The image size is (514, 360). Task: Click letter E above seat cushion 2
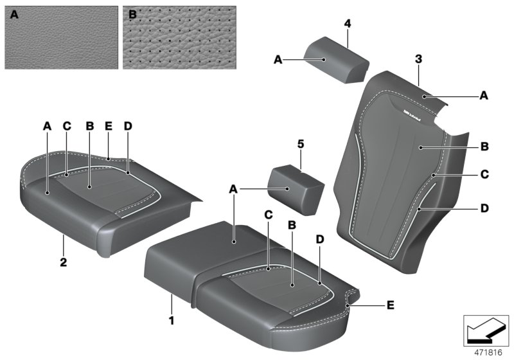pyautogui.click(x=109, y=127)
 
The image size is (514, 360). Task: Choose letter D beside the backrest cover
pyautogui.click(x=484, y=208)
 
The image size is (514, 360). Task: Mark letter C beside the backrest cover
pyautogui.click(x=484, y=174)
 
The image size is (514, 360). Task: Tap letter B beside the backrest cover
pyautogui.click(x=484, y=146)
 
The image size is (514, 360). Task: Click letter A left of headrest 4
pyautogui.click(x=278, y=59)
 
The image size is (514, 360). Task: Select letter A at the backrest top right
pyautogui.click(x=484, y=94)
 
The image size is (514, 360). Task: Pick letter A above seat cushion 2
pyautogui.click(x=47, y=127)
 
